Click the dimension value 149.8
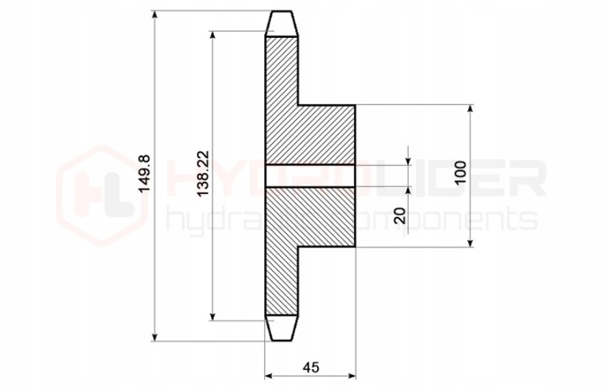pos(145,174)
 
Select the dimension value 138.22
pos(203,174)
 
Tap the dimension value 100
pos(460,173)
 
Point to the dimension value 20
pos(401,216)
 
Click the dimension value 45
pos(311,368)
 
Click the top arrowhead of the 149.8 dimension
pos(155,14)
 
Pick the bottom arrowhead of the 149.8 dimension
pos(155,336)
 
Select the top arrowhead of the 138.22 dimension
pos(212,35)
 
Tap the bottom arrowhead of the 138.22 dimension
pos(212,315)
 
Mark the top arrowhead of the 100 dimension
pos(470,109)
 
